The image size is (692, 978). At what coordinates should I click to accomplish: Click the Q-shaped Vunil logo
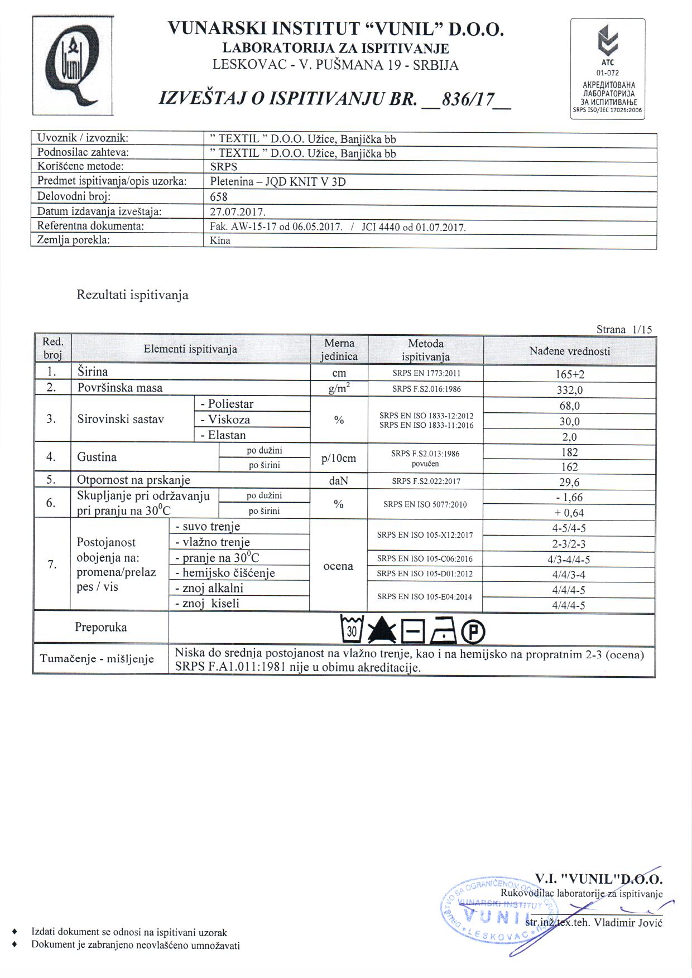(73, 66)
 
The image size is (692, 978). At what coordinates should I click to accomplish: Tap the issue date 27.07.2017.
(238, 213)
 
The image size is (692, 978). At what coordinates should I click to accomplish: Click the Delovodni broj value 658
(219, 197)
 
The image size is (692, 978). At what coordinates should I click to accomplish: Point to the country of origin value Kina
(220, 241)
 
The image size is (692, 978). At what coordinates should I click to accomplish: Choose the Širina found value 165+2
(569, 374)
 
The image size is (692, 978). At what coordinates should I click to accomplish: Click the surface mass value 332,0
(569, 390)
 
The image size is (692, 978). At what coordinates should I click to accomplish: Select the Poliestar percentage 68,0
(569, 406)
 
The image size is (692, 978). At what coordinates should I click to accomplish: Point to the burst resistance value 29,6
(569, 483)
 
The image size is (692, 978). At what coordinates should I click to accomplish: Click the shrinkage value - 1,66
(569, 498)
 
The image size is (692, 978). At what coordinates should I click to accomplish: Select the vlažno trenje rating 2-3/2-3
(569, 544)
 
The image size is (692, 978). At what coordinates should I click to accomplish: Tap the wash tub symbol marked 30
(352, 629)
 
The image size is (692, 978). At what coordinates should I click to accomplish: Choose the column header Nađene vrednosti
(569, 351)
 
